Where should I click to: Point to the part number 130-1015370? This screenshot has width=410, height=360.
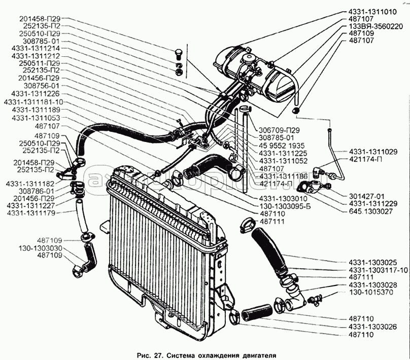coord(372,293)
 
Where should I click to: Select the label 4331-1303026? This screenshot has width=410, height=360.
coord(372,327)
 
